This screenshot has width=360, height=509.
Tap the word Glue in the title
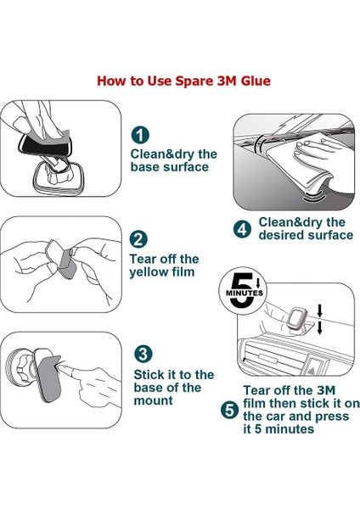click(256, 81)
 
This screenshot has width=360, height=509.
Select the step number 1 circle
click(140, 135)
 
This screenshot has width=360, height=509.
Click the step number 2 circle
click(138, 239)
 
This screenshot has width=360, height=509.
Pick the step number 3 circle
click(143, 354)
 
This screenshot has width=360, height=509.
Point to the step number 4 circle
click(242, 229)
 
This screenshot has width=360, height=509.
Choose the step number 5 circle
click(230, 410)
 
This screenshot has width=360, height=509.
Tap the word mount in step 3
click(153, 400)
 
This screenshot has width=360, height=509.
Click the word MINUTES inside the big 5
click(245, 293)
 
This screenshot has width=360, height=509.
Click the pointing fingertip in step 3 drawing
click(61, 368)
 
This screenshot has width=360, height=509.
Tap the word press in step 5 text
click(332, 417)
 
